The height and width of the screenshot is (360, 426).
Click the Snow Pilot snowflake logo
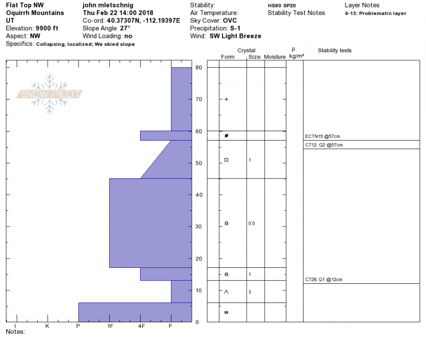49,94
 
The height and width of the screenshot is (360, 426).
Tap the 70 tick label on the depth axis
199,100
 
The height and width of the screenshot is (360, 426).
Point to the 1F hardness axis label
110,326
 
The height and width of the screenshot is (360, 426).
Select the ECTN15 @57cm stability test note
323,136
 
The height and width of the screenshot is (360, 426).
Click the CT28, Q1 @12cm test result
324,280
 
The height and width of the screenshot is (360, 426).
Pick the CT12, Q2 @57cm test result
324,145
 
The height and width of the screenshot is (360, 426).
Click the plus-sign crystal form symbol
226,100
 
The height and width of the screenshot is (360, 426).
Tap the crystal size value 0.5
251,223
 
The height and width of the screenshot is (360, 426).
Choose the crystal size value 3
250,292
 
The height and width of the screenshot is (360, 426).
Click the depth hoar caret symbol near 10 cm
226,292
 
